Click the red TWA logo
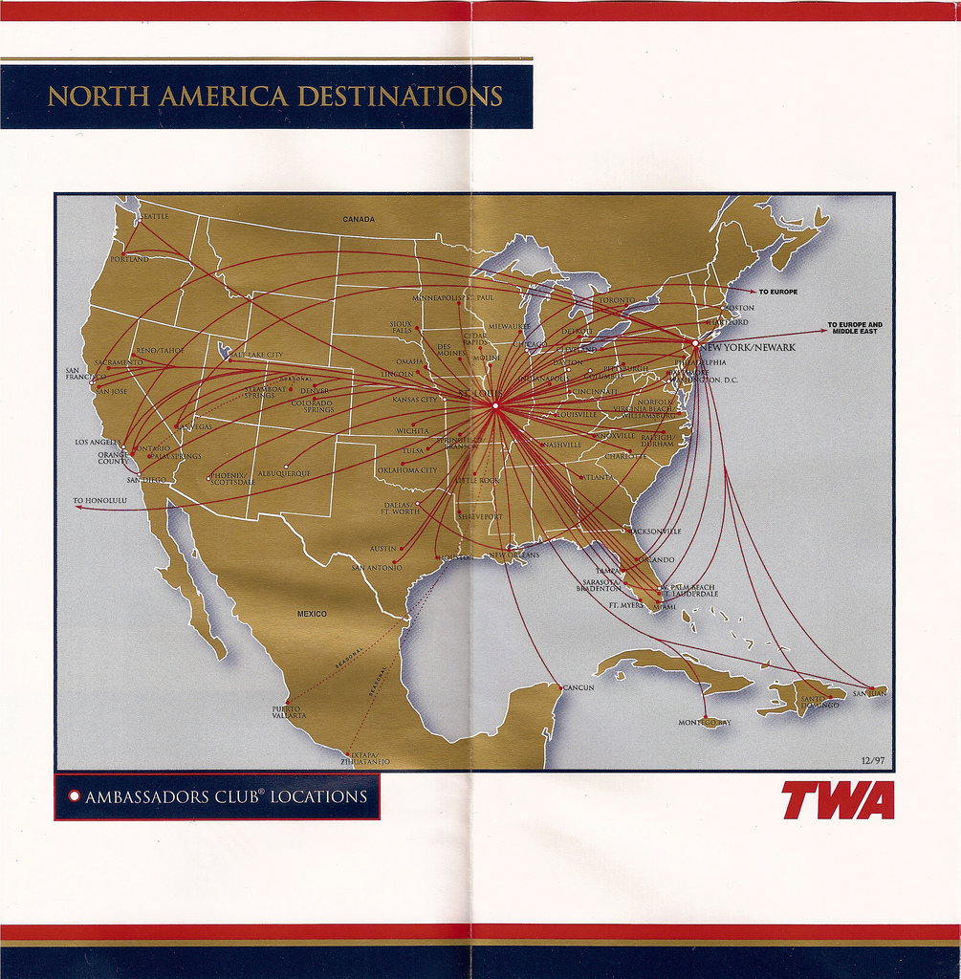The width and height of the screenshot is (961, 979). click(x=838, y=801)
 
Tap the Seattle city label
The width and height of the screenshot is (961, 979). click(x=154, y=217)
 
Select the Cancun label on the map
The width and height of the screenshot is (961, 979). click(x=578, y=687)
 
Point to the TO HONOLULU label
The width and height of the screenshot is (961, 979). click(x=99, y=500)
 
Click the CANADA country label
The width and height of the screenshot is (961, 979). click(x=359, y=219)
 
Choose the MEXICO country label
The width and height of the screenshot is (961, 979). click(x=312, y=613)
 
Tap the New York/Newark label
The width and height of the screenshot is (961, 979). click(x=748, y=348)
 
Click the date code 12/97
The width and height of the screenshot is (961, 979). click(x=873, y=760)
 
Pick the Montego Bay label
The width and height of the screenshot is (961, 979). click(x=704, y=723)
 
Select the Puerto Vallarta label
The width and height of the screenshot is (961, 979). click(x=289, y=712)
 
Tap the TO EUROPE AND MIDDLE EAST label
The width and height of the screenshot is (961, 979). click(x=855, y=328)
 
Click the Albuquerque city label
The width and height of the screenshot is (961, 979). click(x=284, y=473)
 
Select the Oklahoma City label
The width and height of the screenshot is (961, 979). click(x=406, y=470)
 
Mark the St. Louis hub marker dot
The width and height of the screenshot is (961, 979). click(x=495, y=405)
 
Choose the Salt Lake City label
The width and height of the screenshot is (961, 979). click(x=256, y=355)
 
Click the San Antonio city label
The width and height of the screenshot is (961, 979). click(x=377, y=568)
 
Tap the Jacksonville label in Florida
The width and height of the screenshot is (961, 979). click(x=657, y=530)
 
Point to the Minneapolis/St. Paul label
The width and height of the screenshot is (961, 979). click(x=453, y=298)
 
